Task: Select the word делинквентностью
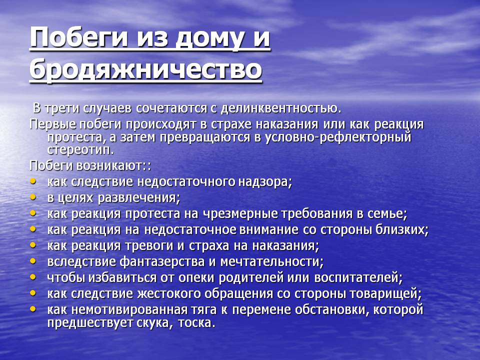pyautogui.click(x=280, y=108)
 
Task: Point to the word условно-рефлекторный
pyautogui.click(x=338, y=137)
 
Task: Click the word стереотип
pyautogui.click(x=80, y=149)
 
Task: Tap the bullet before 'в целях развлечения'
pyautogui.click(x=33, y=197)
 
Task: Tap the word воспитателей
pyautogui.click(x=358, y=277)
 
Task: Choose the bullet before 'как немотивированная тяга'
pyautogui.click(x=33, y=309)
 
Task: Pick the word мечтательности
pyautogui.click(x=272, y=261)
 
